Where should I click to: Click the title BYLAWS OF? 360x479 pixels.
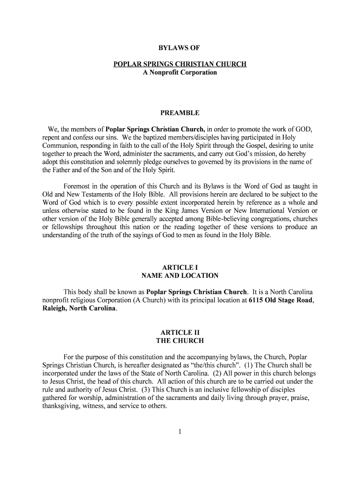(x=180, y=48)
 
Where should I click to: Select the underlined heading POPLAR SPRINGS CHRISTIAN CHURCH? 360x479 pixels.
(x=180, y=64)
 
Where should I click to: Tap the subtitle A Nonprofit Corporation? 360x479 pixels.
(x=180, y=73)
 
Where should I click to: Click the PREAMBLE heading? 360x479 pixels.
(x=180, y=113)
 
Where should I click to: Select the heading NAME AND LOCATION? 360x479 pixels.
(x=180, y=276)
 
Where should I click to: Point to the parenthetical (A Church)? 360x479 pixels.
(x=171, y=300)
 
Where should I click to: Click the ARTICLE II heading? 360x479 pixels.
(x=180, y=333)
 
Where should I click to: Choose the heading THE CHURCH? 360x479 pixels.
(x=180, y=341)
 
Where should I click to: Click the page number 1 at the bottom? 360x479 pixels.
(x=180, y=431)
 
